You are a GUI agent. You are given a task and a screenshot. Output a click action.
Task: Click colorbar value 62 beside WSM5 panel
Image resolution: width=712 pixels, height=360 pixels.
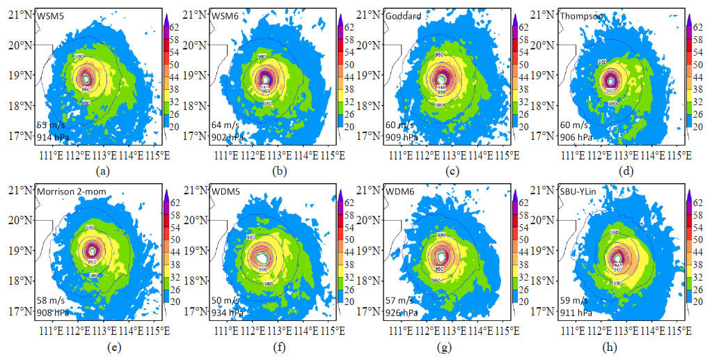(177, 29)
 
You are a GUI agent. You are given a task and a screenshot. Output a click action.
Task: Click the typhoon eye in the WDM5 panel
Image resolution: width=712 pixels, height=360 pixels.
(263, 258)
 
